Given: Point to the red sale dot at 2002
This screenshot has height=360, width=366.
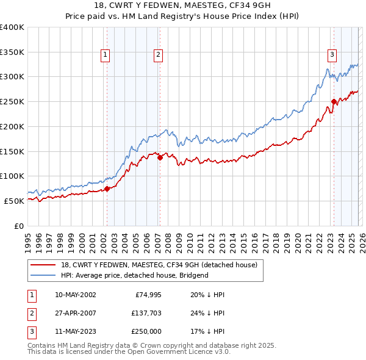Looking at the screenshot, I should click(x=107, y=189).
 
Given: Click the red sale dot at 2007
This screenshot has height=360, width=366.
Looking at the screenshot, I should click(x=160, y=157).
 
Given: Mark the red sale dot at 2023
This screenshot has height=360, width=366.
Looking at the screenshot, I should click(x=334, y=101).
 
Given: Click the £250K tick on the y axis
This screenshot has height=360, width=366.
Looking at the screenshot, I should click(x=12, y=101).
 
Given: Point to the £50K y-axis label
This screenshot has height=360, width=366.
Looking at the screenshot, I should click(x=15, y=201).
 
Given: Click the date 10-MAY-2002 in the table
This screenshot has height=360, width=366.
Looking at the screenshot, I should click(x=75, y=295).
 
